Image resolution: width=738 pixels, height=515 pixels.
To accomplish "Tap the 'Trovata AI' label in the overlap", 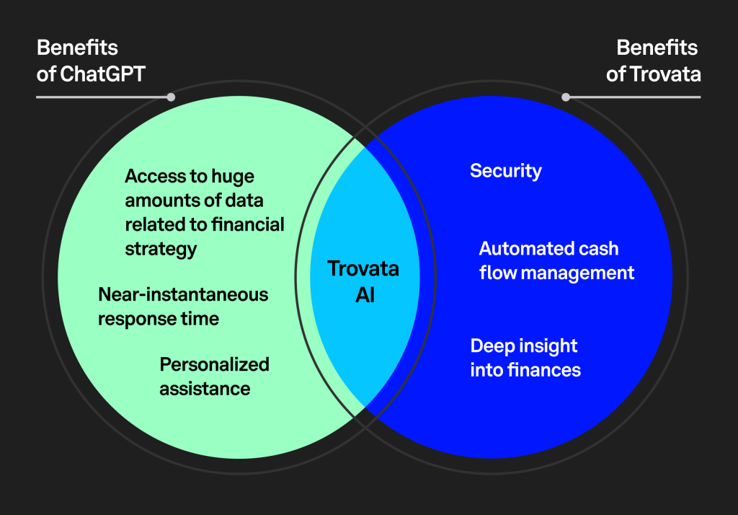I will coord(364,281).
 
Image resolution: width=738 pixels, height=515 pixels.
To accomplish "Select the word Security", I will coord(505,171).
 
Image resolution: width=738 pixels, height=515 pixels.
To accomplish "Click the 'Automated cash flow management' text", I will coord(556,261).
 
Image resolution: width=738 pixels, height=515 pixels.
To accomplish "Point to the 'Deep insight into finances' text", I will coord(525,358).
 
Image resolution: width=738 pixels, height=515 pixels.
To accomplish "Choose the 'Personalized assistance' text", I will coord(214,377).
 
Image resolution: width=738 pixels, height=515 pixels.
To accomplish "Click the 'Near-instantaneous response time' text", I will coord(183,307).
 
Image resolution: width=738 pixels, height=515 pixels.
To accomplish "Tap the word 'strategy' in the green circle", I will coord(161,250).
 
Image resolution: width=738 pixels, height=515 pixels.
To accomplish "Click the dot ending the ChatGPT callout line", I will coord(171,97).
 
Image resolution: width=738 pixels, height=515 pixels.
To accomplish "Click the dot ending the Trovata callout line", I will coord(566,97).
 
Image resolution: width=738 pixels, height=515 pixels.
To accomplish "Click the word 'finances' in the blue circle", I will coord(546,371).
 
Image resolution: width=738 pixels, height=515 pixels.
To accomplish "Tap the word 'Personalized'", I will coord(214,364).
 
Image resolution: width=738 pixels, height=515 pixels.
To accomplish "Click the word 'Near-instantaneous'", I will coord(183,294).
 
